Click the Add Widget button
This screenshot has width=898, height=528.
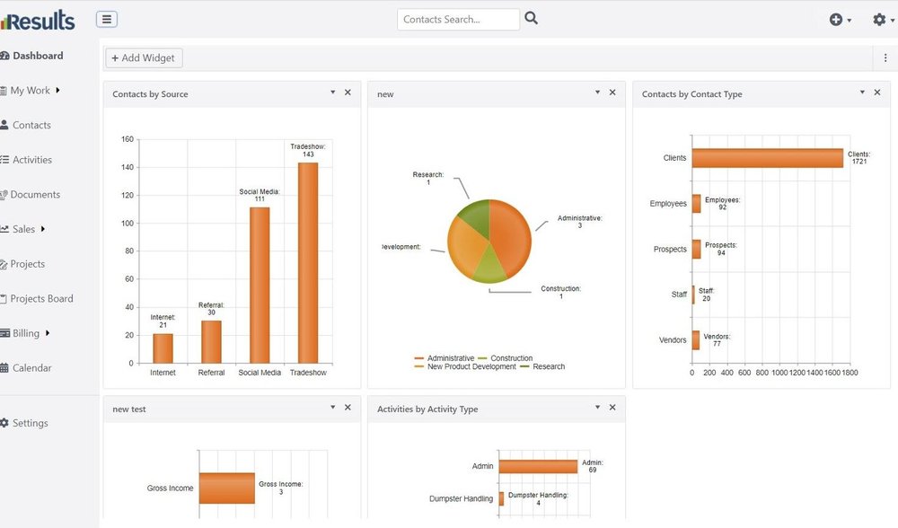(144, 58)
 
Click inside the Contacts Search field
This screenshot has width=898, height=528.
(458, 19)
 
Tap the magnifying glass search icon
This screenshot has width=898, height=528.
(532, 18)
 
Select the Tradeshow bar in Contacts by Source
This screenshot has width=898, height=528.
(308, 262)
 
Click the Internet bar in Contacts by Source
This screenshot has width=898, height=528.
(163, 348)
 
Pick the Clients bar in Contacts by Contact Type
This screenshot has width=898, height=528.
(768, 158)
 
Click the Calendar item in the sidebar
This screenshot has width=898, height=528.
(31, 368)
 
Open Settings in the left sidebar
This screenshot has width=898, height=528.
(30, 423)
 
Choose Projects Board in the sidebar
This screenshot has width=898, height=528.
(41, 299)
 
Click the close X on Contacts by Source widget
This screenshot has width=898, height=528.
(348, 92)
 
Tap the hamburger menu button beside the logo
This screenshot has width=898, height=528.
(106, 20)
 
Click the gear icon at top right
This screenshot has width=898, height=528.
(879, 19)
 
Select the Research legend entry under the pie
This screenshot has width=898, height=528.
(549, 366)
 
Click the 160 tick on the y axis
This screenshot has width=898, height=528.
(127, 140)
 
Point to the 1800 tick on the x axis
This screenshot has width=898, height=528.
(850, 372)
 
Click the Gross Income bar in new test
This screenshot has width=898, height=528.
(227, 488)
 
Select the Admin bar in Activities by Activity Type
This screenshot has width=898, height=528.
(538, 467)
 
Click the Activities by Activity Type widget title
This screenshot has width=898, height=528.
(427, 409)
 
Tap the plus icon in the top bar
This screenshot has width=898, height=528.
(836, 19)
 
